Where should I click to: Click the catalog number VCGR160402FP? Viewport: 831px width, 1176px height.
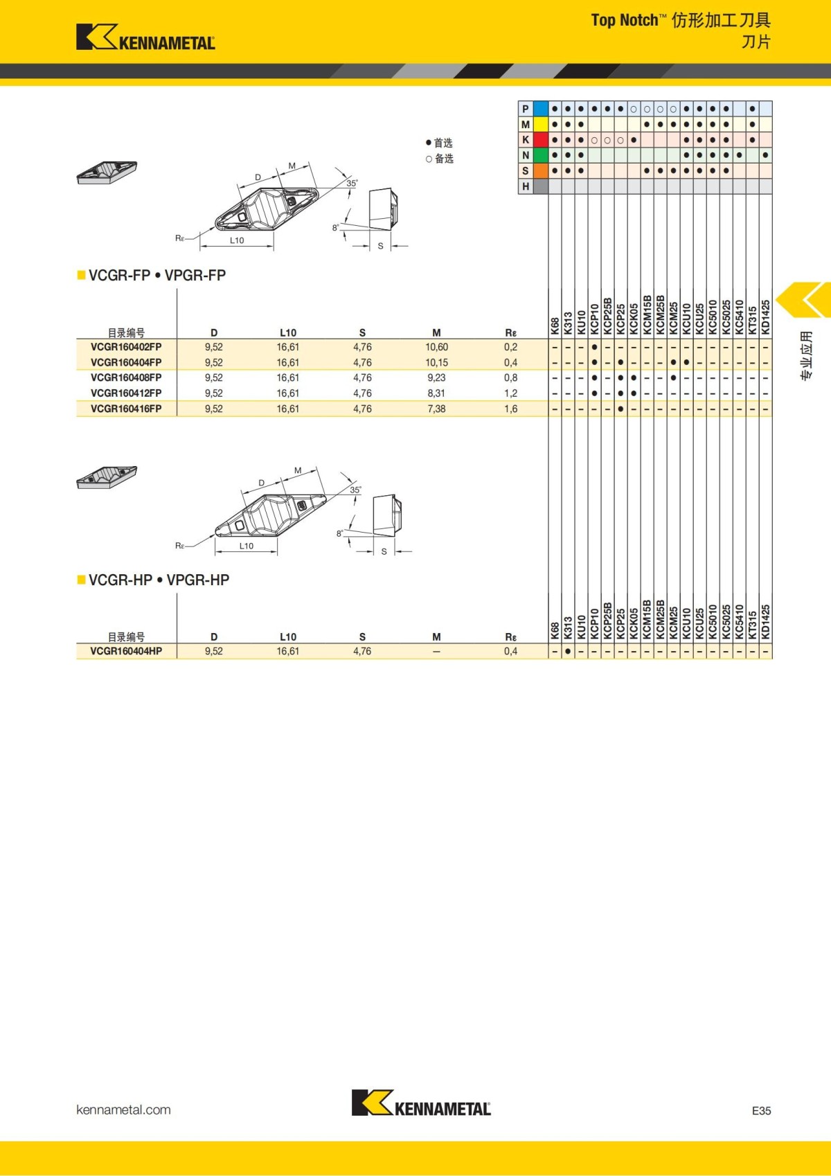coord(126,347)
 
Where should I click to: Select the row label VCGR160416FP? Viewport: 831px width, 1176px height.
coord(126,409)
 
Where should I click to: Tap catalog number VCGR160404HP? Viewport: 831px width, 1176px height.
coord(126,651)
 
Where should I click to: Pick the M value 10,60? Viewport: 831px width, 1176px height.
coord(436,347)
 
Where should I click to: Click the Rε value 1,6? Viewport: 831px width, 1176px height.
coord(510,409)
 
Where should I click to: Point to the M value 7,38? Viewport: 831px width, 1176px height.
coord(436,409)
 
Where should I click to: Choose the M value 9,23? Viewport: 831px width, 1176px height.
coord(436,377)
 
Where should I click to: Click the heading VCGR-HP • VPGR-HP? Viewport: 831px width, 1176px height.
coord(159,580)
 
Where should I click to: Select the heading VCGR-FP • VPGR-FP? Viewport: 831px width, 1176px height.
coord(157,275)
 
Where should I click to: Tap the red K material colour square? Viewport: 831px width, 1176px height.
coord(541,140)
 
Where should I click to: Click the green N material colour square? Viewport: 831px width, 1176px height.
coord(541,155)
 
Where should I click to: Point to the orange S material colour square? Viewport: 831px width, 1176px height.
coord(541,170)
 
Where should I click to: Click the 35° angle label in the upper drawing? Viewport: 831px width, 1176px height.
coord(352,184)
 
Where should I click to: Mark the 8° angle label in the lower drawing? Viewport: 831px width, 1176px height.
coord(339,534)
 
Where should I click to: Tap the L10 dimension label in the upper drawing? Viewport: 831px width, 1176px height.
coord(237,240)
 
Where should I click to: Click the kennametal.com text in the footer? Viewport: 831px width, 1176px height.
coord(123,1110)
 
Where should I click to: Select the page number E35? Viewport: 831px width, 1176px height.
coord(761,1110)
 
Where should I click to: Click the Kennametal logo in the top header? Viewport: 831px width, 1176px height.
coord(145,37)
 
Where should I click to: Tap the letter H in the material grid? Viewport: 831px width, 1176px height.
coord(526,186)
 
